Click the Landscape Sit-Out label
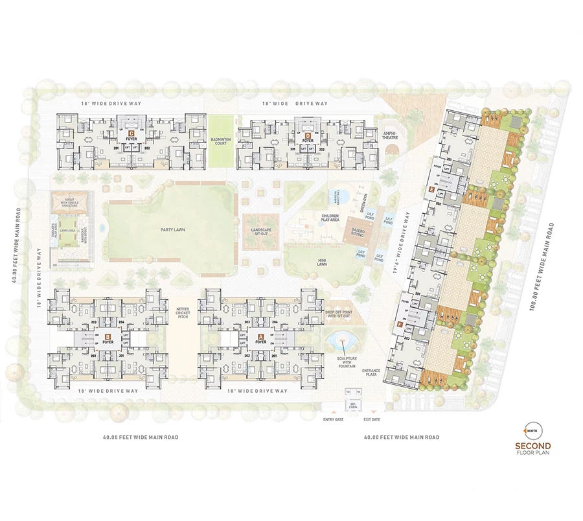(x=260, y=231)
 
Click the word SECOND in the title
(x=532, y=445)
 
